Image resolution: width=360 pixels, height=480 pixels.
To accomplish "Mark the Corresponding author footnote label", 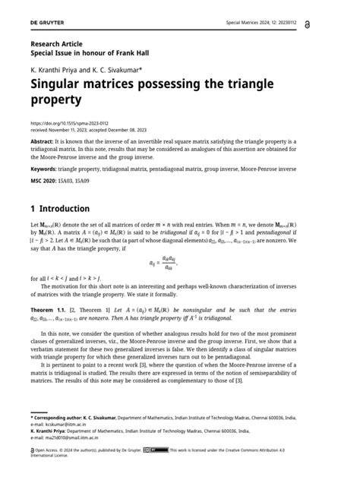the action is (x=68, y=418).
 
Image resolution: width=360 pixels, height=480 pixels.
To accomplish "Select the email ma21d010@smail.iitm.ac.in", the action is (x=79, y=438).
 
